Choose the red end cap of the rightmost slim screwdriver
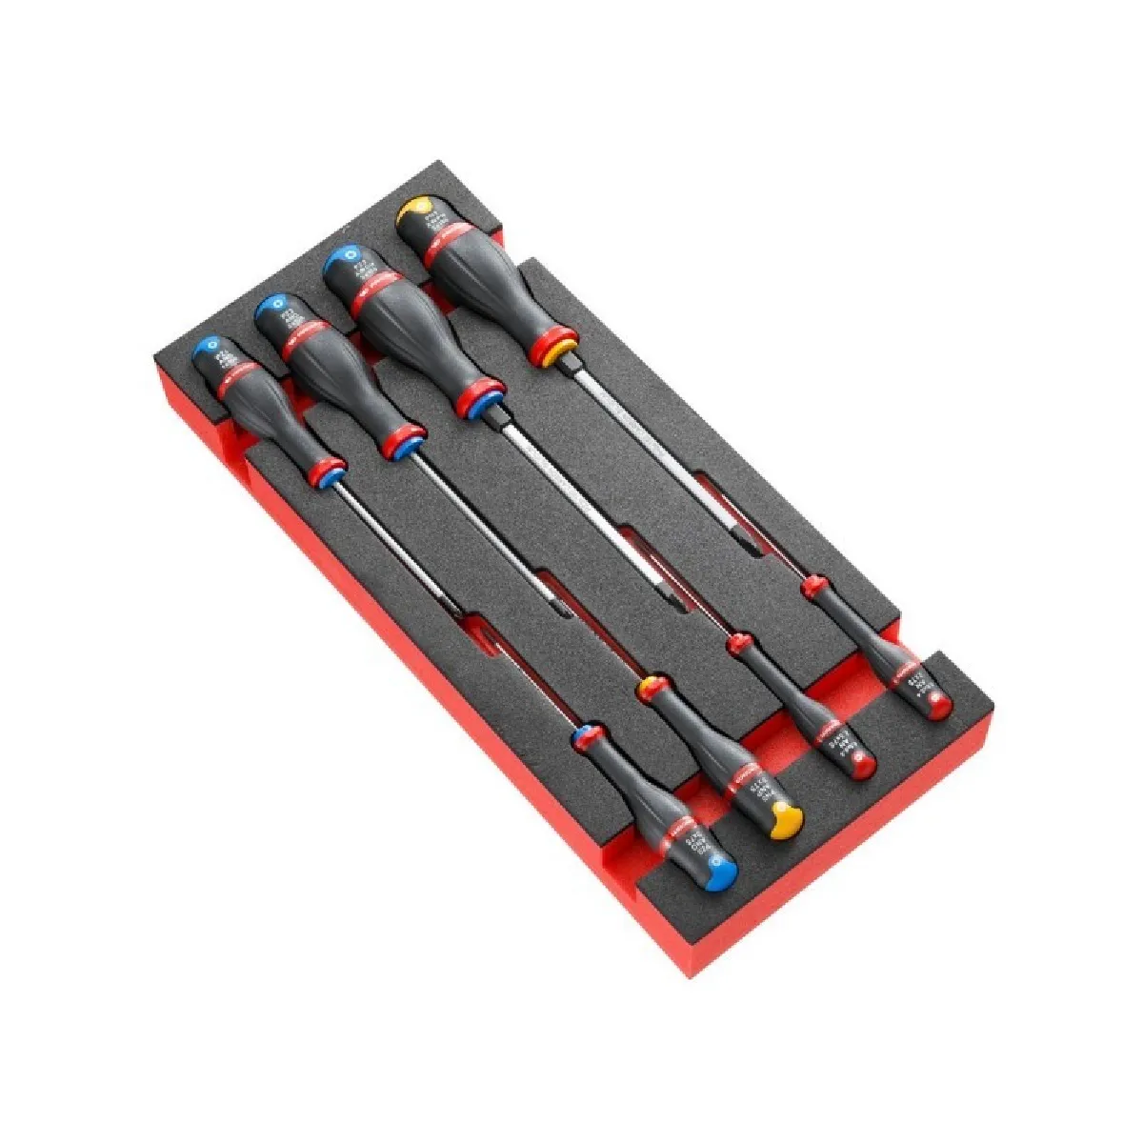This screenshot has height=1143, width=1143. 939,703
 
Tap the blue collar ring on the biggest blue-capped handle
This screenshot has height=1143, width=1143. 484,399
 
